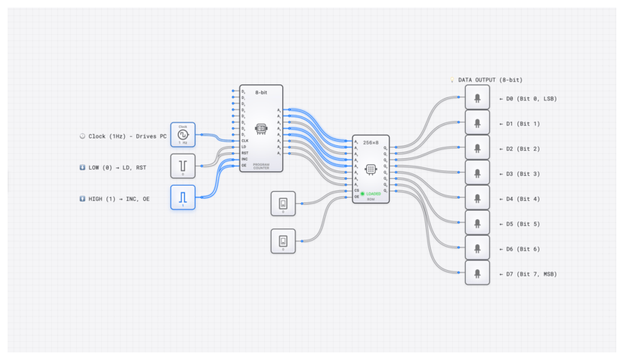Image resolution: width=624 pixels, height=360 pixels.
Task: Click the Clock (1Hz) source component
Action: pos(183,135)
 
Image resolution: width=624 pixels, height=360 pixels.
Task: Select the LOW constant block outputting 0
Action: pos(183,165)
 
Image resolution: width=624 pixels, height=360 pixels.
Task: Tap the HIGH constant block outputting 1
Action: pos(183,197)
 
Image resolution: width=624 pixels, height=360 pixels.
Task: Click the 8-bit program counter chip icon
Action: pos(261,129)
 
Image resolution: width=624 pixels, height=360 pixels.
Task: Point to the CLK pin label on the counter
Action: pos(244,140)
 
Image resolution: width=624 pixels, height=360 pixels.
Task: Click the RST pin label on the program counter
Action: pos(244,152)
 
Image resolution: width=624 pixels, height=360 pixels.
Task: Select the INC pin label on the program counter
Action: pos(244,158)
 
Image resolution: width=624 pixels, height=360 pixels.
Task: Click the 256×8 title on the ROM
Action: pos(371,142)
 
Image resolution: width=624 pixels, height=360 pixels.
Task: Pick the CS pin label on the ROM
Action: pos(356,190)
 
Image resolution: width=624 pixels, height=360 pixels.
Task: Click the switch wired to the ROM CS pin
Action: pos(283,203)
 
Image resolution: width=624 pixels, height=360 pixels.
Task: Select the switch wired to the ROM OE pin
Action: pos(283,241)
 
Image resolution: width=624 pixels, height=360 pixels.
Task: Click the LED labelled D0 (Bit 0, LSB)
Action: pos(477,97)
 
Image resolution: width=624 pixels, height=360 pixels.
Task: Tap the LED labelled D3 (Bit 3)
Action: pos(477,173)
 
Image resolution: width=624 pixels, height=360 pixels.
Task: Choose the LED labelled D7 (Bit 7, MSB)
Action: pos(477,272)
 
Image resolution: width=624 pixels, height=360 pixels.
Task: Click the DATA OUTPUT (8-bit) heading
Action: pos(490,80)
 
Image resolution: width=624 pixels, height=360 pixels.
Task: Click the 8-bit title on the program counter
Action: pos(261,92)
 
